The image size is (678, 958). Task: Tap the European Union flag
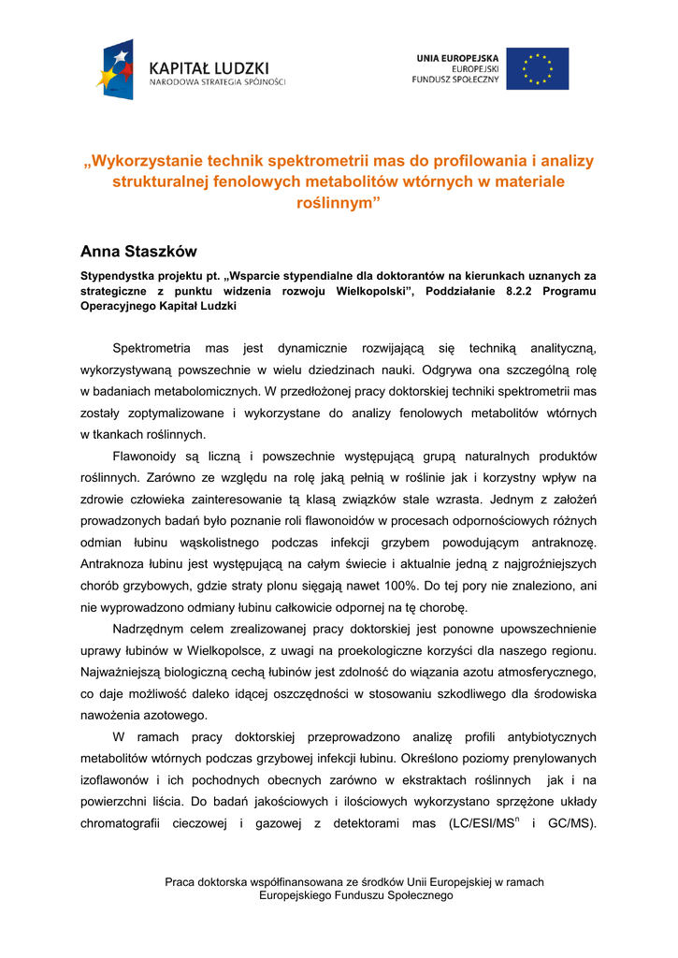[537, 68]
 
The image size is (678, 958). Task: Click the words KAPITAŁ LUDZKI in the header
[209, 67]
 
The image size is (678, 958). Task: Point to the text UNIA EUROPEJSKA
[457, 58]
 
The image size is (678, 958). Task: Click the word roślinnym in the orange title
[334, 203]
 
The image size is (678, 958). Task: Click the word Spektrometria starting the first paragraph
[151, 348]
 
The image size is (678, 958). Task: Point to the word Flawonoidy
[151, 456]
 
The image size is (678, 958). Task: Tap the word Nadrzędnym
[151, 629]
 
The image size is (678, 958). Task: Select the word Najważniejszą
[126, 672]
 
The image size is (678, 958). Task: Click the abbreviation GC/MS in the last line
[571, 824]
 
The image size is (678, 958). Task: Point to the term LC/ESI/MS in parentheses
[480, 824]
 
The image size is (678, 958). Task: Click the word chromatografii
[129, 824]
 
